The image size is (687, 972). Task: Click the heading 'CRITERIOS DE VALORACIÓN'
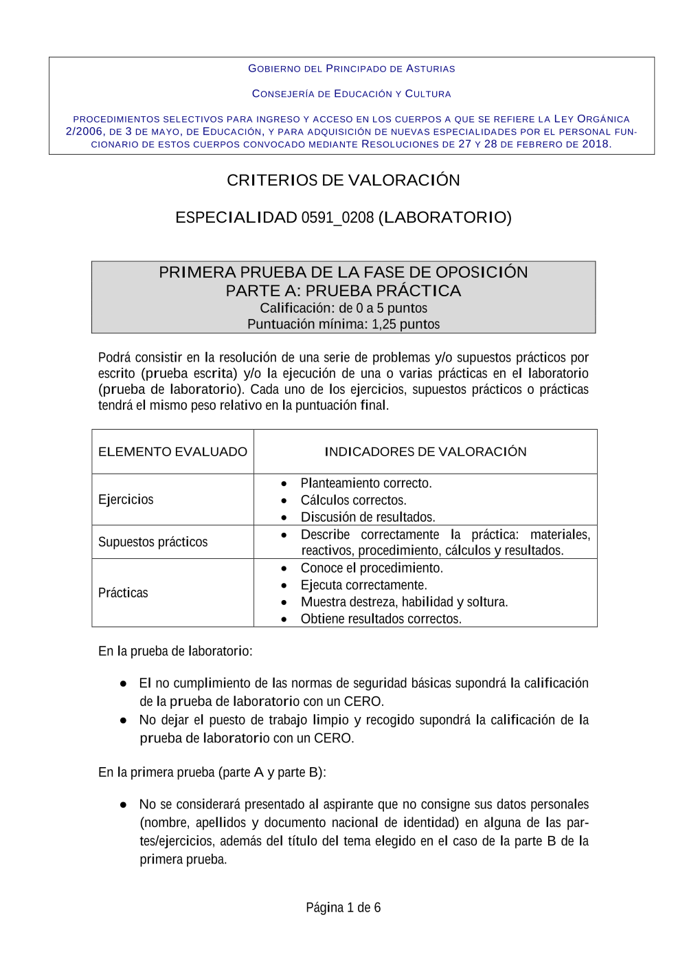pyautogui.click(x=343, y=180)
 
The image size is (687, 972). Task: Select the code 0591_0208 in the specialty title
pyautogui.click(x=337, y=218)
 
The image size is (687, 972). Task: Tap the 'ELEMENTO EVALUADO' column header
pyautogui.click(x=172, y=452)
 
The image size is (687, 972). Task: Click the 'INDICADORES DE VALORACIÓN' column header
pyautogui.click(x=425, y=452)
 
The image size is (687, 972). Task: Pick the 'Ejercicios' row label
pyautogui.click(x=126, y=500)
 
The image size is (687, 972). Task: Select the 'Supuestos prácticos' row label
pyautogui.click(x=153, y=542)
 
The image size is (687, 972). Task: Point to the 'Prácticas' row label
pyautogui.click(x=123, y=593)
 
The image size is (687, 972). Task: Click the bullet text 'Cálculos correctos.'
pyautogui.click(x=353, y=500)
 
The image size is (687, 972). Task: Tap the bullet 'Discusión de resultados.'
pyautogui.click(x=368, y=517)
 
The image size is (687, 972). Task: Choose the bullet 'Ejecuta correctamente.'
pyautogui.click(x=363, y=585)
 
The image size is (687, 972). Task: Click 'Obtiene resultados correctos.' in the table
pyautogui.click(x=381, y=619)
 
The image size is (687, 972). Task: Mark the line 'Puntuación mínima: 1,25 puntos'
pyautogui.click(x=343, y=324)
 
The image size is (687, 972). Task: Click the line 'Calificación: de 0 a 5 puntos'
pyautogui.click(x=343, y=308)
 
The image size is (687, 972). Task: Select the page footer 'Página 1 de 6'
pyautogui.click(x=343, y=907)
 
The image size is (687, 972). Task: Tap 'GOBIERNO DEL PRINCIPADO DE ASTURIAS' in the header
pyautogui.click(x=351, y=69)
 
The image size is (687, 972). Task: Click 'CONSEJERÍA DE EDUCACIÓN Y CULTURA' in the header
pyautogui.click(x=351, y=93)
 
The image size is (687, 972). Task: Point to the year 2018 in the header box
pyautogui.click(x=595, y=144)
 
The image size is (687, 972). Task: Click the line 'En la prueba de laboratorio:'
pyautogui.click(x=175, y=651)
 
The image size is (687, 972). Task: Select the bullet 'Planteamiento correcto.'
pyautogui.click(x=365, y=483)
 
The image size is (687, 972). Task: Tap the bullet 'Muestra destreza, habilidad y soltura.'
pyautogui.click(x=404, y=602)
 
